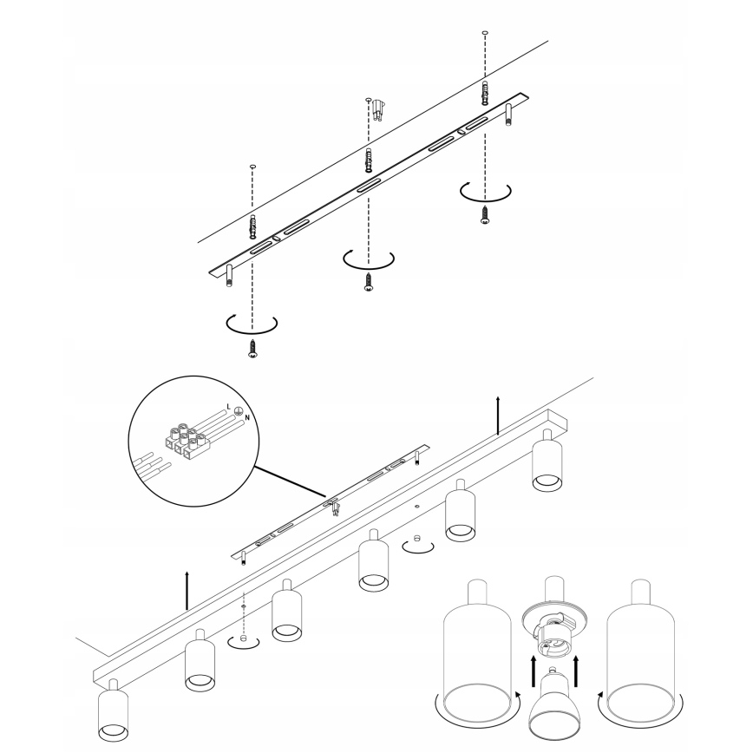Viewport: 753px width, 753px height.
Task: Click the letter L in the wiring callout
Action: pyautogui.click(x=229, y=407)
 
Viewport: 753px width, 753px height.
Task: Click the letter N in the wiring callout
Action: pyautogui.click(x=247, y=418)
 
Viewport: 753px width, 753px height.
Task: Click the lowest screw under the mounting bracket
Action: pyautogui.click(x=252, y=348)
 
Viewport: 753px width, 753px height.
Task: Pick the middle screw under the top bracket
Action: pyautogui.click(x=369, y=282)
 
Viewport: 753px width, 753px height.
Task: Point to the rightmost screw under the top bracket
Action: pyautogui.click(x=485, y=214)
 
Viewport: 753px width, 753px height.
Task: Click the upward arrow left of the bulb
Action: pyautogui.click(x=533, y=673)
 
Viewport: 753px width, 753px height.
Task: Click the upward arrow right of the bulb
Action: pyautogui.click(x=576, y=673)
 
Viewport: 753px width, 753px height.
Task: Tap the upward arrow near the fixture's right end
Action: pyautogui.click(x=498, y=416)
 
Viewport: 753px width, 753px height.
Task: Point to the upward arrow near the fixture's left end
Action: pyautogui.click(x=187, y=591)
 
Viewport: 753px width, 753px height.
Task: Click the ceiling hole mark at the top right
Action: pyautogui.click(x=485, y=33)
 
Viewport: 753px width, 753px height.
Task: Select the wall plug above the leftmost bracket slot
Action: pyautogui.click(x=252, y=227)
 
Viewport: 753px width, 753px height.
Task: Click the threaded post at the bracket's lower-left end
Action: pyautogui.click(x=229, y=276)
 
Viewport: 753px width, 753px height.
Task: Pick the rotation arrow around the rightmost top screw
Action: pyautogui.click(x=485, y=192)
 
